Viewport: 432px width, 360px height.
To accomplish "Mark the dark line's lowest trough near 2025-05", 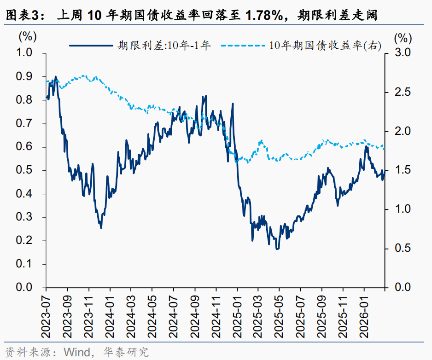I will pos(277,249).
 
